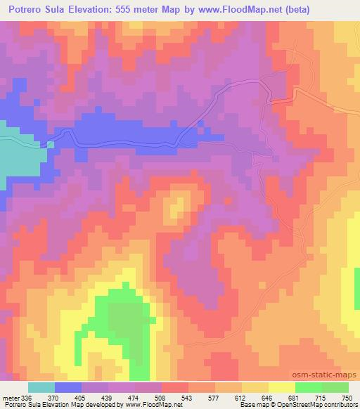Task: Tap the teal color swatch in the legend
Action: click(41, 387)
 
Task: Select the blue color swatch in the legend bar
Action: click(68, 387)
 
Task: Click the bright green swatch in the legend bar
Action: click(308, 387)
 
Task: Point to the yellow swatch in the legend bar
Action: click(281, 387)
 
